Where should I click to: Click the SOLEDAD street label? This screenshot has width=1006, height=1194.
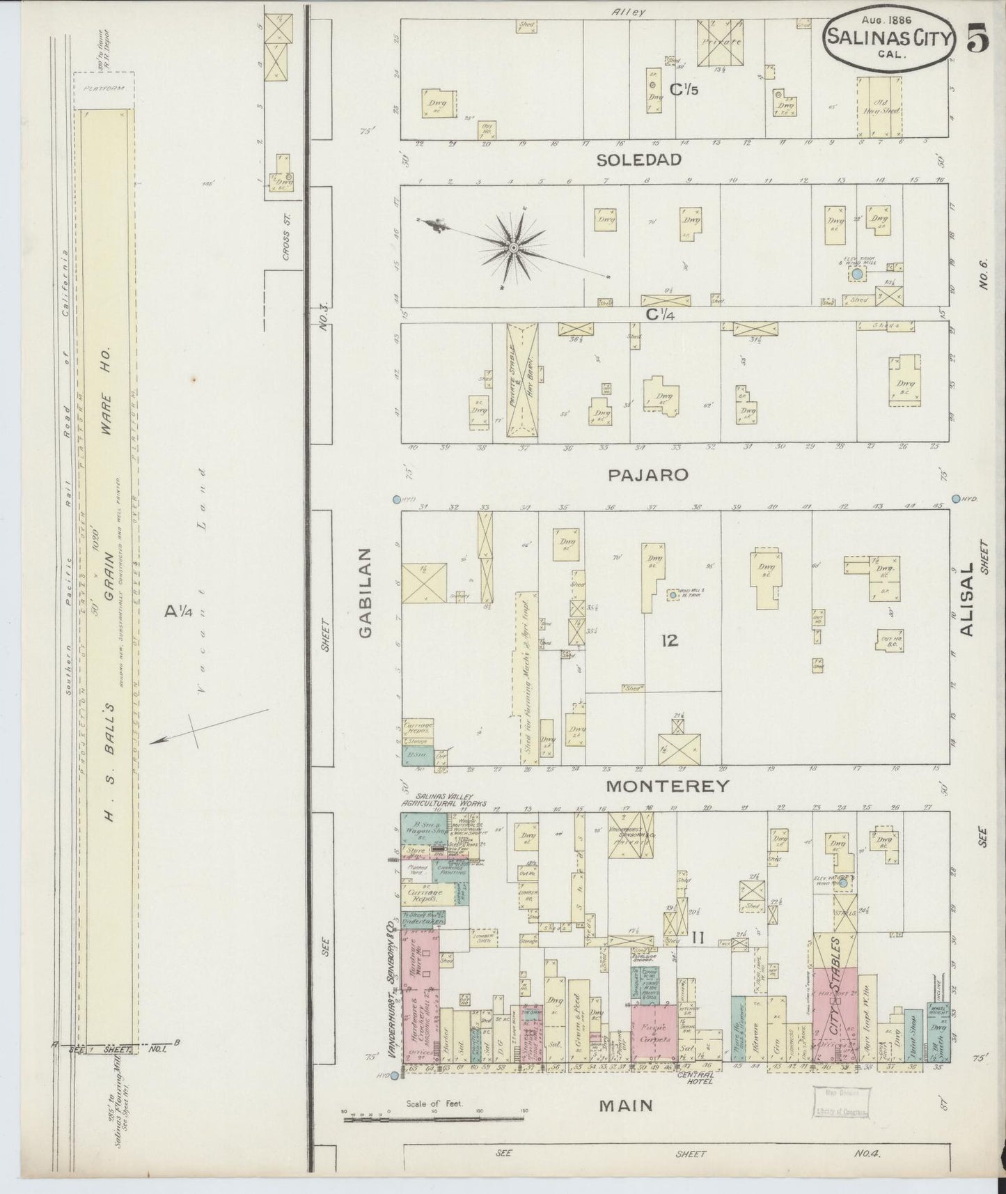638,160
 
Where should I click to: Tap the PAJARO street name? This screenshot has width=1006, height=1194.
647,474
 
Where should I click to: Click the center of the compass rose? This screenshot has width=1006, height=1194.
513,247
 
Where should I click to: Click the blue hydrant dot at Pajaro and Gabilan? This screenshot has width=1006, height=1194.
396,499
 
